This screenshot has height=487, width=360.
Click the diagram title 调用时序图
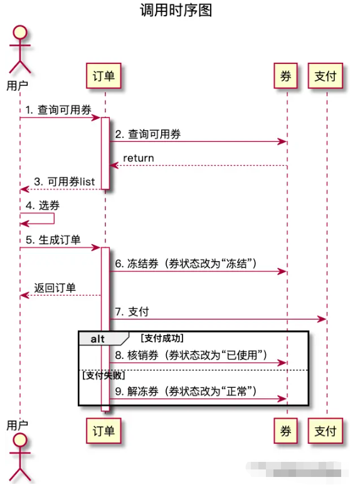tap(179, 11)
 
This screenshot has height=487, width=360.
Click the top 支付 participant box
tap(326, 77)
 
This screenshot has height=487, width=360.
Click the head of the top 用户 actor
tap(19, 33)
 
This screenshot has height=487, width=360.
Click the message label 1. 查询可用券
tap(54, 109)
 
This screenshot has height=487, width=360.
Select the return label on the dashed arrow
tap(138, 158)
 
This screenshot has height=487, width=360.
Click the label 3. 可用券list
tap(64, 181)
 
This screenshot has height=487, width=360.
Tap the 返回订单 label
tap(55, 288)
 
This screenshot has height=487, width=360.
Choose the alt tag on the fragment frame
tap(97, 339)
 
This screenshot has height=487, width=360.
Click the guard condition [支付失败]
tap(104, 375)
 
